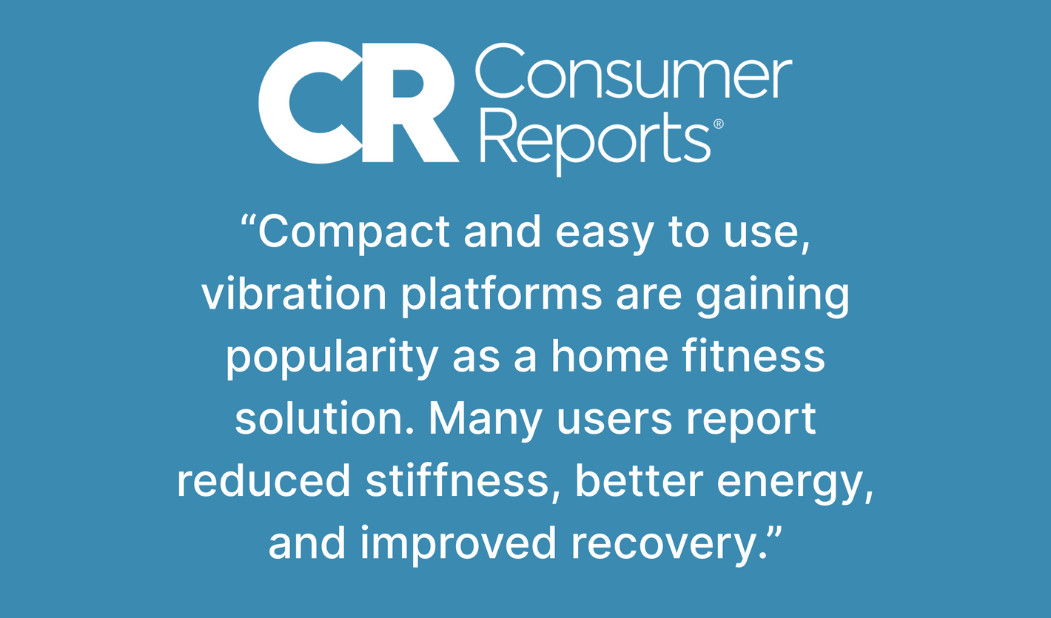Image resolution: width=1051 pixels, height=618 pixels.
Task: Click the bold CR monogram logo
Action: click(358, 102)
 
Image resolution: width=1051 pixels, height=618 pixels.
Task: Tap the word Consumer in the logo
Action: click(634, 71)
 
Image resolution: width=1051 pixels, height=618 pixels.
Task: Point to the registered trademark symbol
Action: click(719, 124)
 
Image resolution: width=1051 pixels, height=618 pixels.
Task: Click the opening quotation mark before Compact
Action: click(249, 221)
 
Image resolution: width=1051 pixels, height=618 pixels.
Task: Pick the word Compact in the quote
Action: click(355, 233)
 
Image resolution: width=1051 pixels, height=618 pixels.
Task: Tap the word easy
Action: click(604, 235)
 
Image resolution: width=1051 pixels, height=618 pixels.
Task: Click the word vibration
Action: click(294, 294)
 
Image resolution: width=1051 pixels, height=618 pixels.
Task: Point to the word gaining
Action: click(773, 297)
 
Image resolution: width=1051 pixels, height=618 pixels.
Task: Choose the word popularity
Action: click(332, 359)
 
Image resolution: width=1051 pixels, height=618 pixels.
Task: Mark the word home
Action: click(609, 356)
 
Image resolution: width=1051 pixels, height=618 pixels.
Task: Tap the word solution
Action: click(324, 418)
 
